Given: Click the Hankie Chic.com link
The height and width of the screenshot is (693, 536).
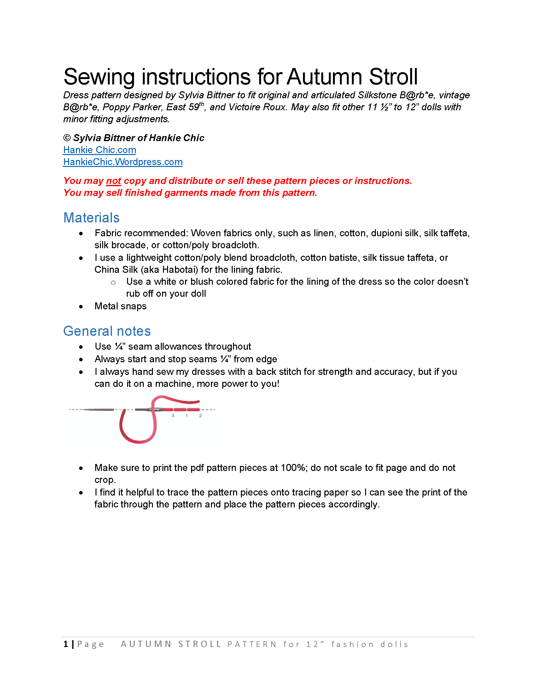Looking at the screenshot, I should click(x=99, y=150).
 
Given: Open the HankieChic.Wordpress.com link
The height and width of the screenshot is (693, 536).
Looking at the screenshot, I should click(x=123, y=162).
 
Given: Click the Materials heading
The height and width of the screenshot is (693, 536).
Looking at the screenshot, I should click(x=91, y=218).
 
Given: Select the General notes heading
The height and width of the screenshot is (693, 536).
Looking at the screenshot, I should click(x=107, y=331).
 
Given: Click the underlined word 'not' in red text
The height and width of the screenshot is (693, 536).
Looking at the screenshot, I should click(x=114, y=181).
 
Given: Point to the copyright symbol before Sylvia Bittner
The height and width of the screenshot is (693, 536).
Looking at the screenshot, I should click(x=67, y=138).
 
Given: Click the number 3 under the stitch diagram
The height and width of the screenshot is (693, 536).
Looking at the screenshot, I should click(x=173, y=415).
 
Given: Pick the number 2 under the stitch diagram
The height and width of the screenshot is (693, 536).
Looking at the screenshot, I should click(x=200, y=415).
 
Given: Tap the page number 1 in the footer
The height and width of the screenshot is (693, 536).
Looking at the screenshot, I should click(x=66, y=644).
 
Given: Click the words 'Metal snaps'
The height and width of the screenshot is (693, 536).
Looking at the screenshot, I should click(x=120, y=306).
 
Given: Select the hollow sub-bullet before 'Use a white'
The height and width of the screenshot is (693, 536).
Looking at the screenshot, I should click(x=113, y=283).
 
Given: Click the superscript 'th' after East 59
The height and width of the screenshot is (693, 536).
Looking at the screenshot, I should click(x=202, y=104).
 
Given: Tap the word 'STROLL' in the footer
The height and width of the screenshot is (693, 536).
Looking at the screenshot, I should click(x=200, y=644).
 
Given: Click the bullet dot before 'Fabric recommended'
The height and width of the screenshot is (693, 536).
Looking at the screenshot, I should click(x=81, y=234).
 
